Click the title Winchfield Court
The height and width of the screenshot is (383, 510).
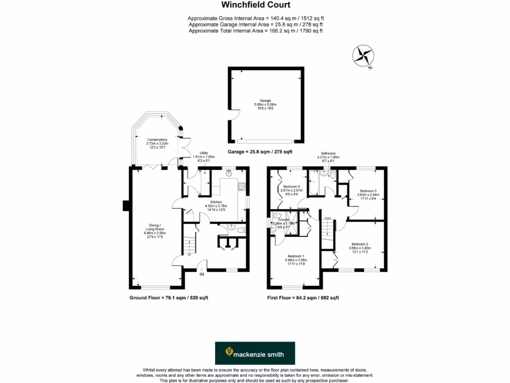[x=255, y=5]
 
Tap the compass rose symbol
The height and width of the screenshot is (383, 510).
[x=364, y=55]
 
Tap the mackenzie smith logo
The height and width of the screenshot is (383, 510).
[x=255, y=354]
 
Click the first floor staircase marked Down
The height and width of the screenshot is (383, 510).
[x=327, y=232]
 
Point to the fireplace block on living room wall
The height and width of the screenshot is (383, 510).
[x=127, y=205]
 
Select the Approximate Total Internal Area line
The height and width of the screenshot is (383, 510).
[x=255, y=31]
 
